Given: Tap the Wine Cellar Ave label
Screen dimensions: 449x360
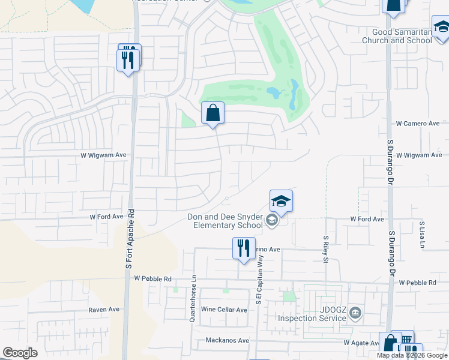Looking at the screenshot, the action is [x=224, y=310].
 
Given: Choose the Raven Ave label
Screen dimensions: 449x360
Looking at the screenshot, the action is [x=104, y=310].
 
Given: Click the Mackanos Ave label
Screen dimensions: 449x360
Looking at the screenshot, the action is [x=227, y=340].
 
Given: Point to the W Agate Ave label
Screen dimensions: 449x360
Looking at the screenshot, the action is [x=361, y=343].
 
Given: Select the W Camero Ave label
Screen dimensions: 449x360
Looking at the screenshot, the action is [x=418, y=124].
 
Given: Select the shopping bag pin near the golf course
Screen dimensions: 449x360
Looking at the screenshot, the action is [x=212, y=113].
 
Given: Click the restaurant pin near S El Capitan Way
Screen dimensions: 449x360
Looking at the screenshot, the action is [x=244, y=248].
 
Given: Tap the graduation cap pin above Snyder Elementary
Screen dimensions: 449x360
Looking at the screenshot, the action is [x=281, y=201].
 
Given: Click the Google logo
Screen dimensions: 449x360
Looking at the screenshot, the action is [x=20, y=353].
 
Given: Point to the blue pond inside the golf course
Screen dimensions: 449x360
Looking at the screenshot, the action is [x=274, y=93].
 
